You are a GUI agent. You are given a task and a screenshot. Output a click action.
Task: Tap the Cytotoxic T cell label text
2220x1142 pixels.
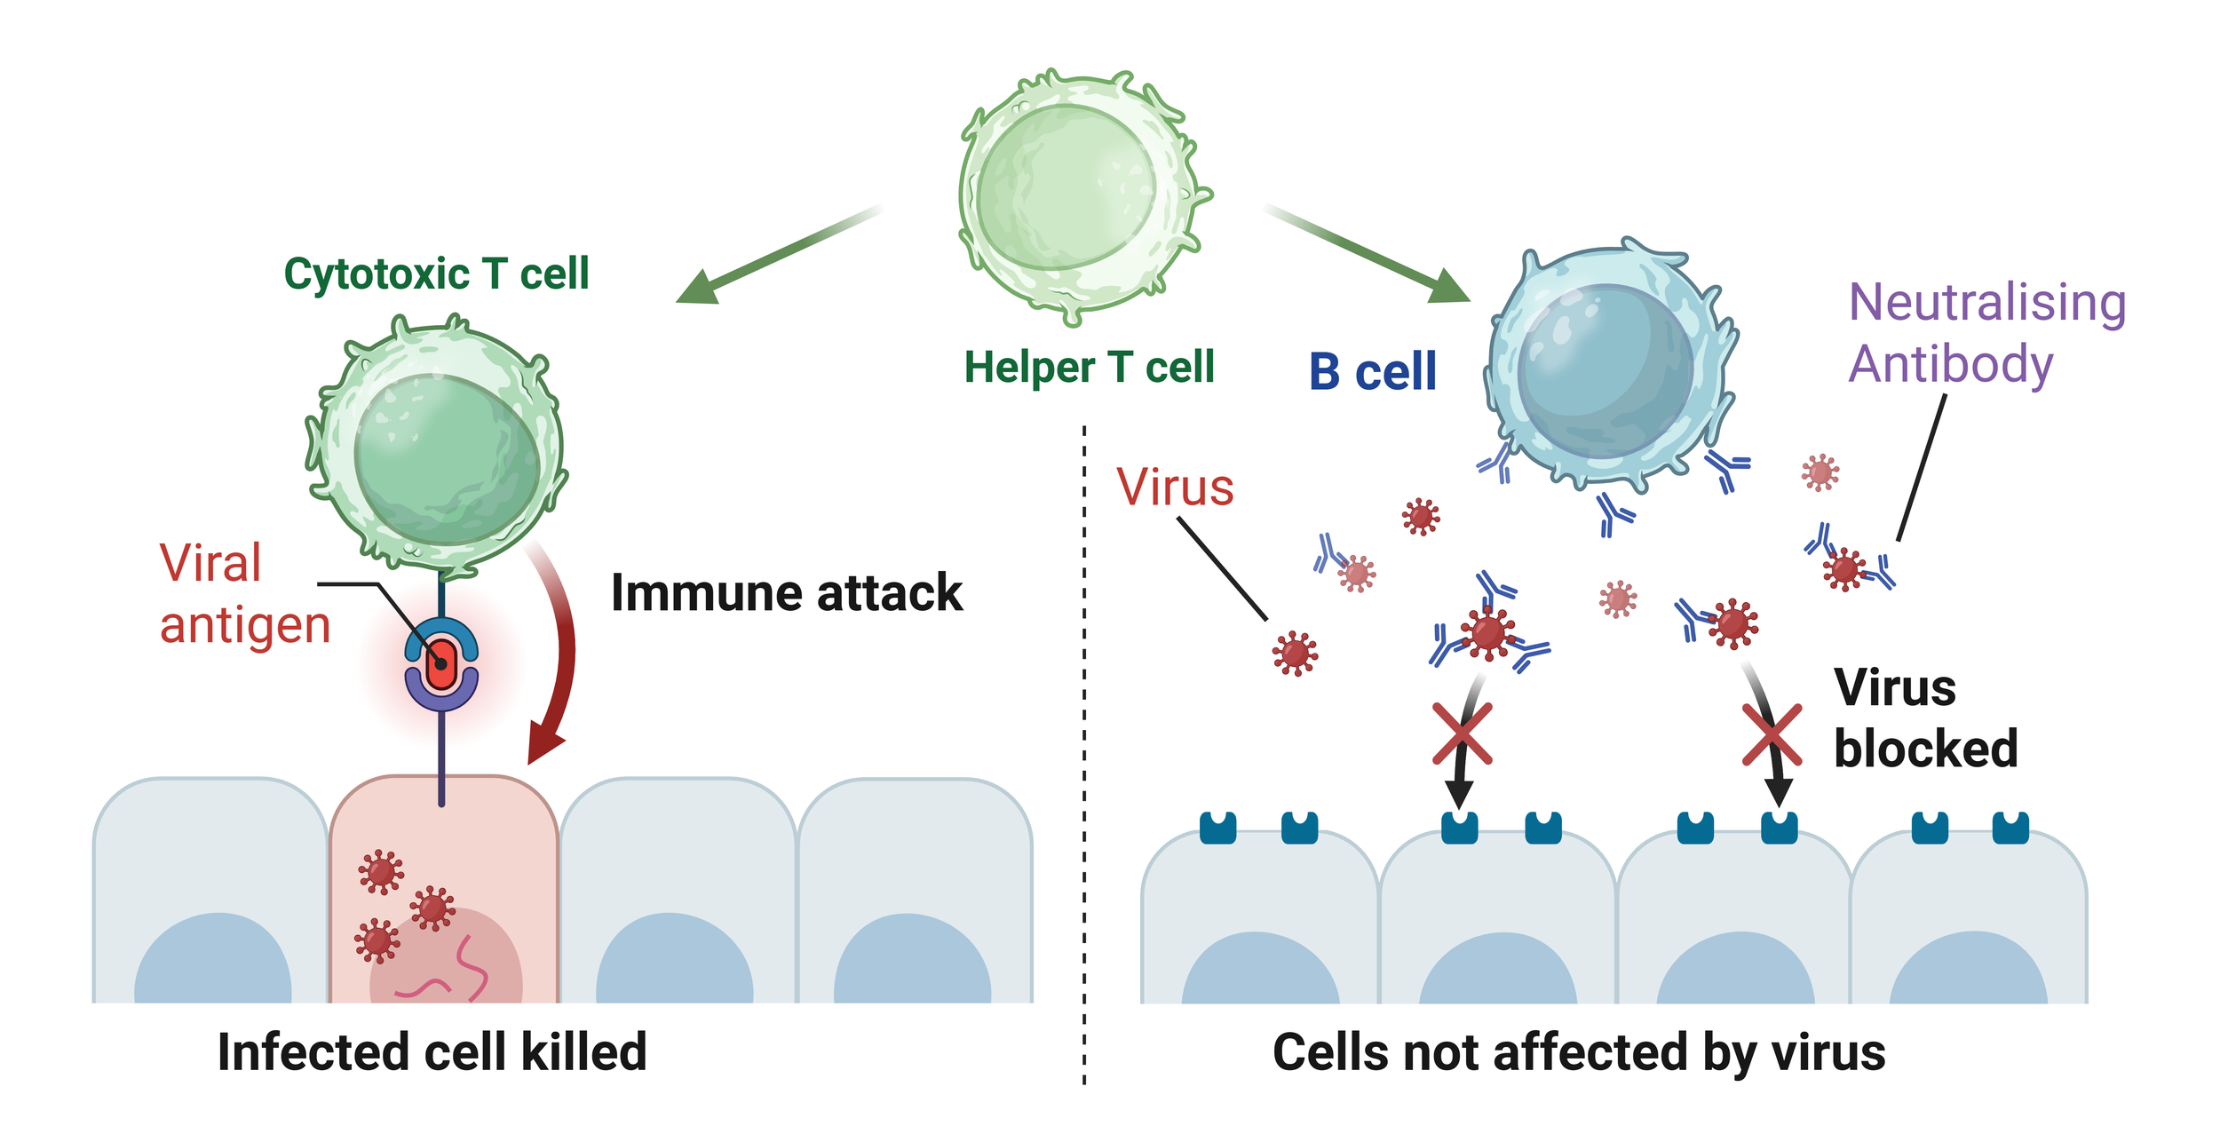click(x=436, y=274)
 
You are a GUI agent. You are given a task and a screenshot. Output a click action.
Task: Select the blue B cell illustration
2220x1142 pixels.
click(x=1609, y=366)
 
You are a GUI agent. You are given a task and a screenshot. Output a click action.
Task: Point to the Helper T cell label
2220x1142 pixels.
click(x=1089, y=367)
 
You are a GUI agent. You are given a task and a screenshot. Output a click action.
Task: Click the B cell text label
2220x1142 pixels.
click(x=1372, y=371)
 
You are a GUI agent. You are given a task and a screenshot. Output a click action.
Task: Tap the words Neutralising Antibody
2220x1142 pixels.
click(x=1986, y=333)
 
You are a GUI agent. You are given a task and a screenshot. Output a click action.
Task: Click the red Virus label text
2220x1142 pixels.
click(x=1175, y=487)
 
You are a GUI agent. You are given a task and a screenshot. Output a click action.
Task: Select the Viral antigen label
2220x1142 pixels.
click(x=245, y=593)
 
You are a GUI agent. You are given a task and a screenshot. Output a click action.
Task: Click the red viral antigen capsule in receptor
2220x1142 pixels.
click(x=441, y=665)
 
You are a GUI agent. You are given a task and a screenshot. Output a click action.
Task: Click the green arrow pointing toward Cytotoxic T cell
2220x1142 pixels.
click(x=779, y=254)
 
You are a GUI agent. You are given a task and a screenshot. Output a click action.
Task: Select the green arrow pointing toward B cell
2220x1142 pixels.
click(x=1368, y=254)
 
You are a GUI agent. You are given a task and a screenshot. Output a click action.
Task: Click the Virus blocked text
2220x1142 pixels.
click(x=1925, y=718)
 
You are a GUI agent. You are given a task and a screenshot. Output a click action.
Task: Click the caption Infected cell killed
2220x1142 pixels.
click(x=432, y=1052)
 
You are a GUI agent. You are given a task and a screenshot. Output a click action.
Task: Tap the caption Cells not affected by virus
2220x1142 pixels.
click(x=1579, y=1053)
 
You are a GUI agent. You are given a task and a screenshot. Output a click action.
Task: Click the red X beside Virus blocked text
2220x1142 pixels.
click(x=1772, y=734)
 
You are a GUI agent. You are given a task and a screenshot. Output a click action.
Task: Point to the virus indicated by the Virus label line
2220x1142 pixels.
click(x=1295, y=654)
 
